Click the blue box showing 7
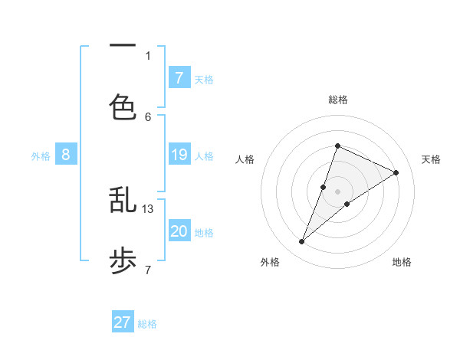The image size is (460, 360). [x=179, y=77]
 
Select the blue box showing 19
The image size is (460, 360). [x=179, y=155]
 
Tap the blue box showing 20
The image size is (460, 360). [x=179, y=231]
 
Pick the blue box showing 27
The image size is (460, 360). [x=123, y=322]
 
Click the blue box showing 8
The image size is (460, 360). [x=66, y=155]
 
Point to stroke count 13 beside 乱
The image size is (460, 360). [x=148, y=208]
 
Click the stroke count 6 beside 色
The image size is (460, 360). [x=148, y=116]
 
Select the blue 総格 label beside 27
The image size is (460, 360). [x=147, y=324]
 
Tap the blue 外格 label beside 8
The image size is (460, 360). [x=41, y=156]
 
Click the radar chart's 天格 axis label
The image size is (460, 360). [x=432, y=159]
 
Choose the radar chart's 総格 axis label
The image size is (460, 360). [x=337, y=100]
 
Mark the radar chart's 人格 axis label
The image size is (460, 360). [x=245, y=159]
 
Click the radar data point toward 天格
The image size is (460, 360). [x=396, y=172]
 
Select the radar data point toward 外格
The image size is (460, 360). [x=301, y=242]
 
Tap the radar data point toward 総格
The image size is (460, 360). [x=337, y=146]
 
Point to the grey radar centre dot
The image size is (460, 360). [x=337, y=191]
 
